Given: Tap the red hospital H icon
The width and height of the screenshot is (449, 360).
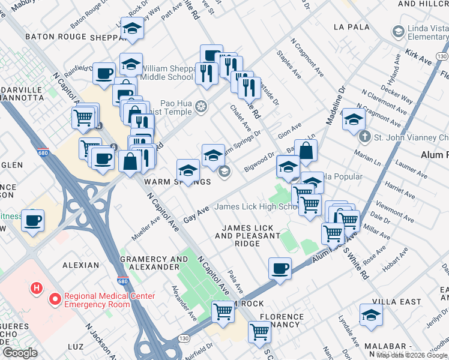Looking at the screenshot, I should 37,289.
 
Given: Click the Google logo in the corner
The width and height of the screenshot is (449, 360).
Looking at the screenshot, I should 20,353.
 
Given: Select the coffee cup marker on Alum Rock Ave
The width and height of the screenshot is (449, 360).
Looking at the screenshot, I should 279,268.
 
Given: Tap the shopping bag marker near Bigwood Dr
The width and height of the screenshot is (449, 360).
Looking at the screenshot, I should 306,151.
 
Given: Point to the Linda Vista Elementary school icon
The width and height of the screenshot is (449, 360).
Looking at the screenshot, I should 398,31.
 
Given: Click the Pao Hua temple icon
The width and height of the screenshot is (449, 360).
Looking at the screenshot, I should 201,107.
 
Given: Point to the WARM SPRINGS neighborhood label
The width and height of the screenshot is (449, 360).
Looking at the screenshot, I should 177,182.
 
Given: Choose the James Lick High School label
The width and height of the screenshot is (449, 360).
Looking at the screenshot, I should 256,207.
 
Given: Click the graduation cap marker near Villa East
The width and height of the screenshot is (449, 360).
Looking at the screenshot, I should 371,315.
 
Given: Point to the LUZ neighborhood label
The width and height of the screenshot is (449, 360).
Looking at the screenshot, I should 76,347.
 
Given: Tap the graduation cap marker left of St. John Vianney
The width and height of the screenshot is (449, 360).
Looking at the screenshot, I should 354,119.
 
